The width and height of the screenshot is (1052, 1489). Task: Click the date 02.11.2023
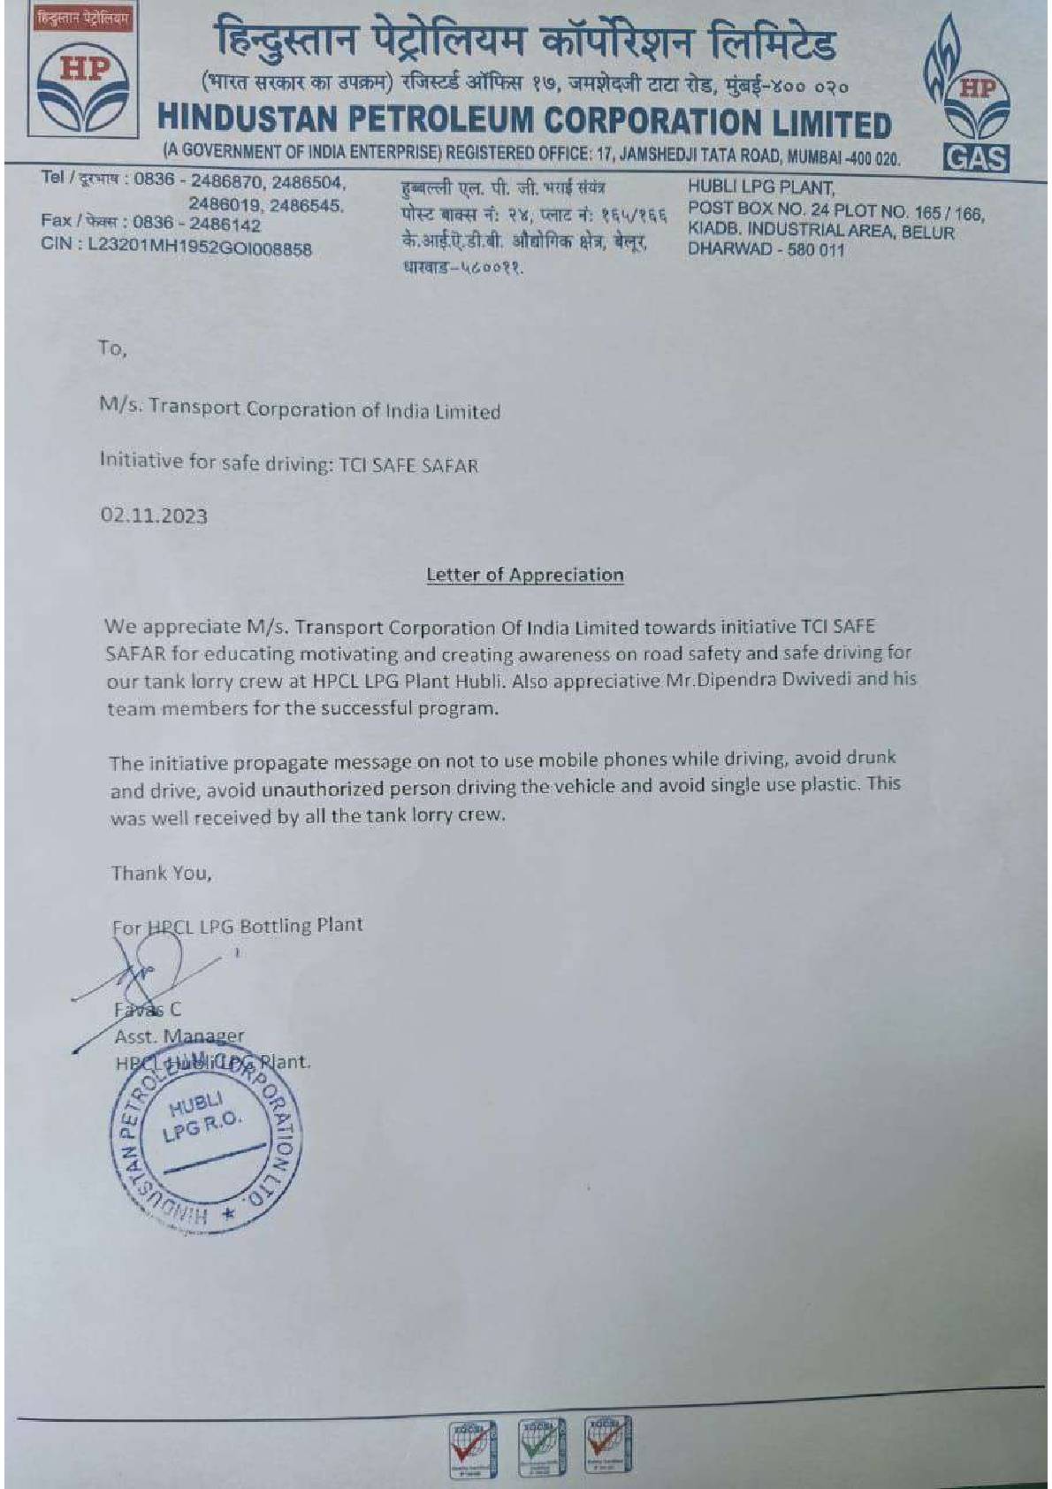click(154, 515)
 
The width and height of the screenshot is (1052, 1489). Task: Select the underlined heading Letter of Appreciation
click(524, 575)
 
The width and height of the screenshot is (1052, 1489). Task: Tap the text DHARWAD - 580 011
click(766, 250)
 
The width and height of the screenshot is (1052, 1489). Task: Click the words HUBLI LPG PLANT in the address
click(760, 187)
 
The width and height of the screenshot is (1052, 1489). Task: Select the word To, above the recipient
click(112, 348)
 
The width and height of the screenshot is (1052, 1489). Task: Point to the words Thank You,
click(161, 874)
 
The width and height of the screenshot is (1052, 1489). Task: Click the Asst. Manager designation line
click(179, 1035)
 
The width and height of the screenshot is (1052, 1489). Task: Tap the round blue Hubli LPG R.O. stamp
click(206, 1143)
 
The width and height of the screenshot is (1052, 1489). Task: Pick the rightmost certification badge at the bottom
click(607, 1445)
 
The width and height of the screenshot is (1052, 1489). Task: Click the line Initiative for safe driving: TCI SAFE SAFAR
click(288, 462)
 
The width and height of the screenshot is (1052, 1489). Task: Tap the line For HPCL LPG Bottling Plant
click(237, 926)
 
